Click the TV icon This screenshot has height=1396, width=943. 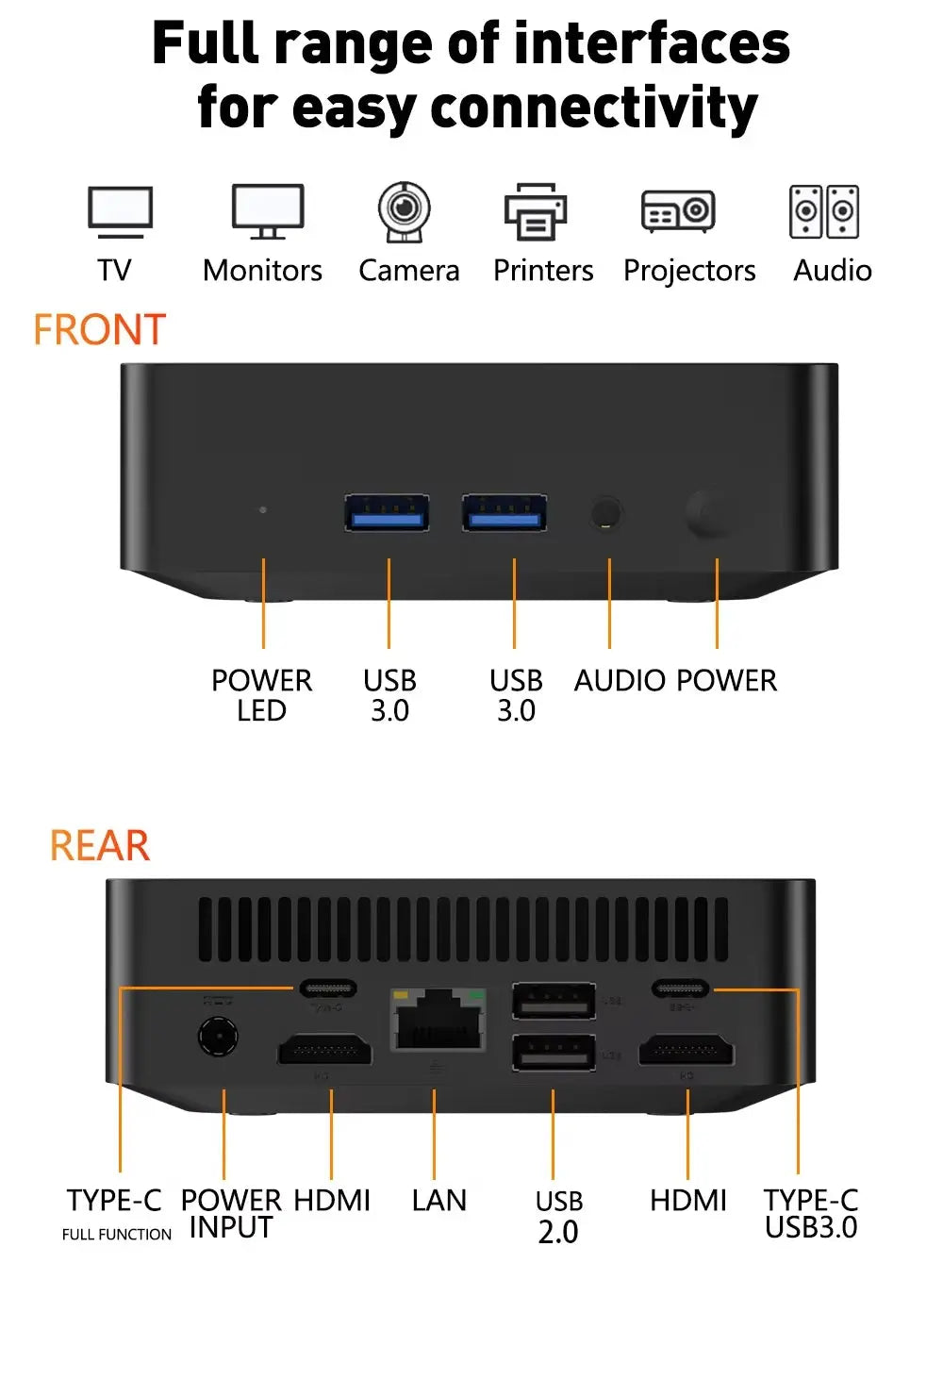click(x=120, y=212)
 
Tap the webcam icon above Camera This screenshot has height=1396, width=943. click(x=405, y=210)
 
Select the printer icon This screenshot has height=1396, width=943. click(x=536, y=212)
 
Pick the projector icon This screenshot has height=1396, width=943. click(x=678, y=211)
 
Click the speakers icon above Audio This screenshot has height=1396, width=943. click(x=824, y=211)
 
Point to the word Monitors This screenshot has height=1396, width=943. click(x=262, y=271)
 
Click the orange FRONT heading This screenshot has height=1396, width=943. click(x=100, y=330)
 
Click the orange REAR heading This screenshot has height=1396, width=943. click(x=100, y=845)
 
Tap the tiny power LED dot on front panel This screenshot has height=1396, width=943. click(x=263, y=509)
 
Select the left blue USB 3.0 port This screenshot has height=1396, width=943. click(x=387, y=513)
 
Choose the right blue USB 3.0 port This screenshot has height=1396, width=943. click(x=505, y=513)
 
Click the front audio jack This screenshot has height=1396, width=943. click(x=606, y=514)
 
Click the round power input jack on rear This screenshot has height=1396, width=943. click(x=218, y=1037)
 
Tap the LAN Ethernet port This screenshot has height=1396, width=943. click(x=438, y=1021)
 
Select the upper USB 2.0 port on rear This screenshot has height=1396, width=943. click(x=554, y=1001)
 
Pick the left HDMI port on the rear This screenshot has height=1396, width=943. click(x=324, y=1050)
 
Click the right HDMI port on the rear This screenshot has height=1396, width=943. click(x=687, y=1050)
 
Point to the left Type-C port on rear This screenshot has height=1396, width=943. click(x=328, y=989)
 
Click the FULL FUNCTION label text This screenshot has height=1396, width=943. click(x=117, y=1235)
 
